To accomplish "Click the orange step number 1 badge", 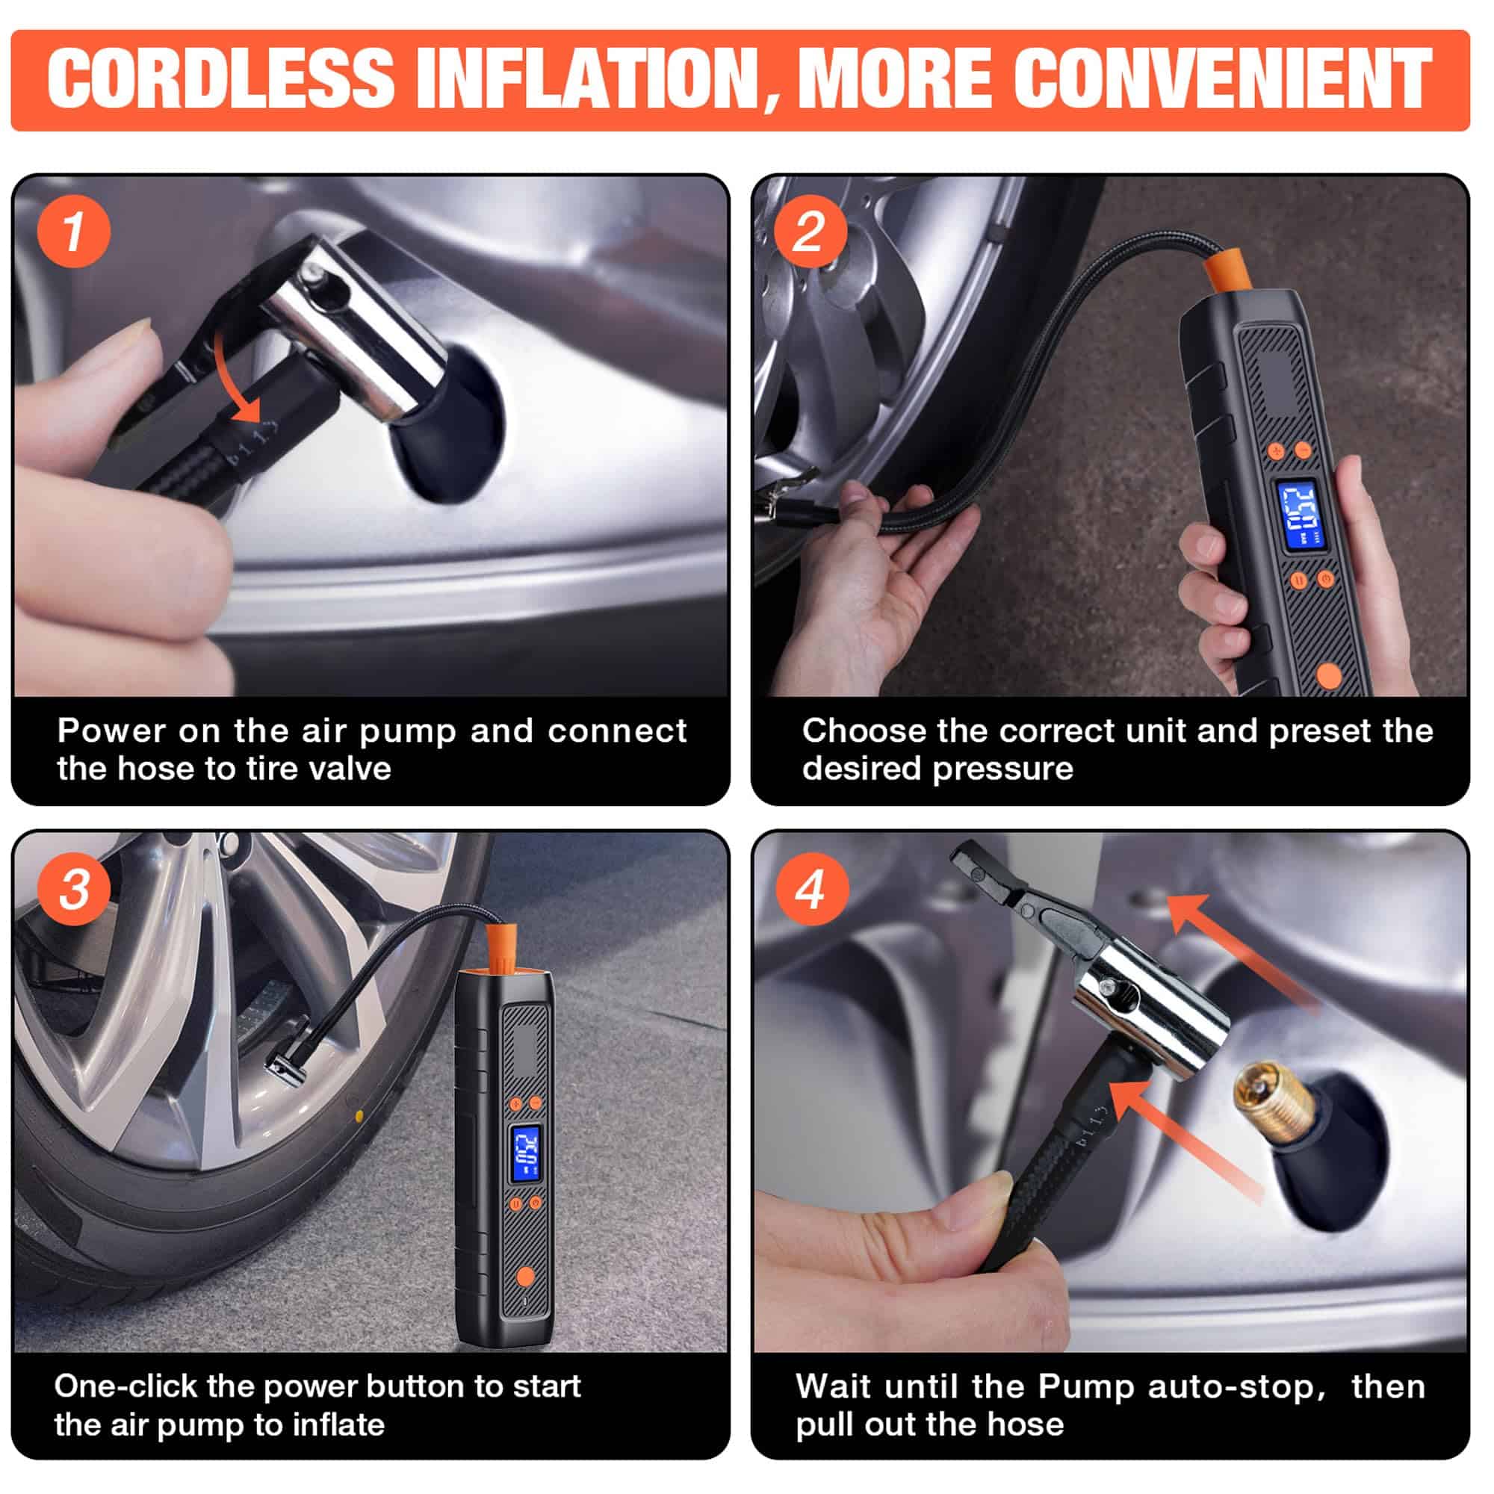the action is coord(73,232).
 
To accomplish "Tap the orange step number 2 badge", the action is coord(810,232).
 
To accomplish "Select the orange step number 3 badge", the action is coord(73,888).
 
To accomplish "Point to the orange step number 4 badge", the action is coord(810,888).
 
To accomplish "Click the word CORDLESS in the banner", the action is coord(221,78).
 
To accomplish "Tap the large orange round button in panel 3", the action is coord(525,1275).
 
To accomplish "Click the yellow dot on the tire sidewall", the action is coord(358,1116).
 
